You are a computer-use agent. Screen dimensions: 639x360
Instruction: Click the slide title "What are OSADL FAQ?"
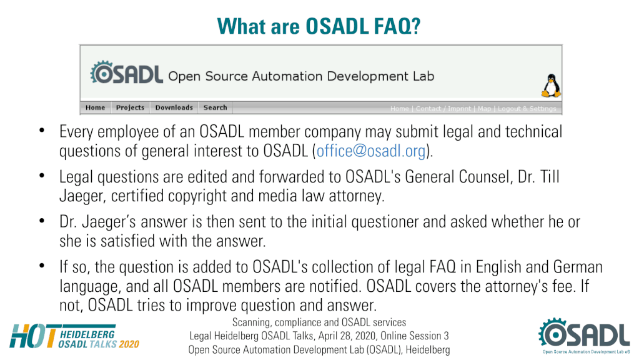(x=319, y=26)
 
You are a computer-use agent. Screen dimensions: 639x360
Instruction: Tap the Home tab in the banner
(x=96, y=107)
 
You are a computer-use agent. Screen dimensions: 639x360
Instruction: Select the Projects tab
(x=130, y=107)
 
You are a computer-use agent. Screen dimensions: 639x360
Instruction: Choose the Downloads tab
(x=174, y=107)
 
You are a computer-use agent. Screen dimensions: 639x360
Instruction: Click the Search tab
(x=215, y=107)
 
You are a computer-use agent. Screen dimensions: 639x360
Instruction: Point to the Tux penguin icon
(x=551, y=86)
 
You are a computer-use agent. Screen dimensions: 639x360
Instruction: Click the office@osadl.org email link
(x=371, y=151)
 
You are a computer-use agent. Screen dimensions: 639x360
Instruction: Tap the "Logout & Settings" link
(x=527, y=109)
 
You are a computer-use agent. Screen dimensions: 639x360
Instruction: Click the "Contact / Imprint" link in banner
(x=443, y=109)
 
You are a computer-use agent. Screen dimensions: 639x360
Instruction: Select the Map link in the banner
(x=485, y=109)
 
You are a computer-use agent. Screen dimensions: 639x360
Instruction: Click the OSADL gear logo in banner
(x=127, y=73)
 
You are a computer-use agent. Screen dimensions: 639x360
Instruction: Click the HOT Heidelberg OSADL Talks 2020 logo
(x=74, y=336)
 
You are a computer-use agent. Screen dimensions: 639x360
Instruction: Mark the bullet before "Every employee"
(x=42, y=131)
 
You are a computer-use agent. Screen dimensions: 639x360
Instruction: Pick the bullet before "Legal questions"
(x=42, y=176)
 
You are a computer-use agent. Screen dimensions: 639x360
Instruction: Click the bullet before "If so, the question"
(x=42, y=266)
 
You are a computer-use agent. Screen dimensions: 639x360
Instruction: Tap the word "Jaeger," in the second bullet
(x=83, y=196)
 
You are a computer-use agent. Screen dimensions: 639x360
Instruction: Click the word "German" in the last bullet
(x=578, y=267)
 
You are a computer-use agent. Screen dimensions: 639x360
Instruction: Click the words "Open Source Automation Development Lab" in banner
(x=301, y=76)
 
